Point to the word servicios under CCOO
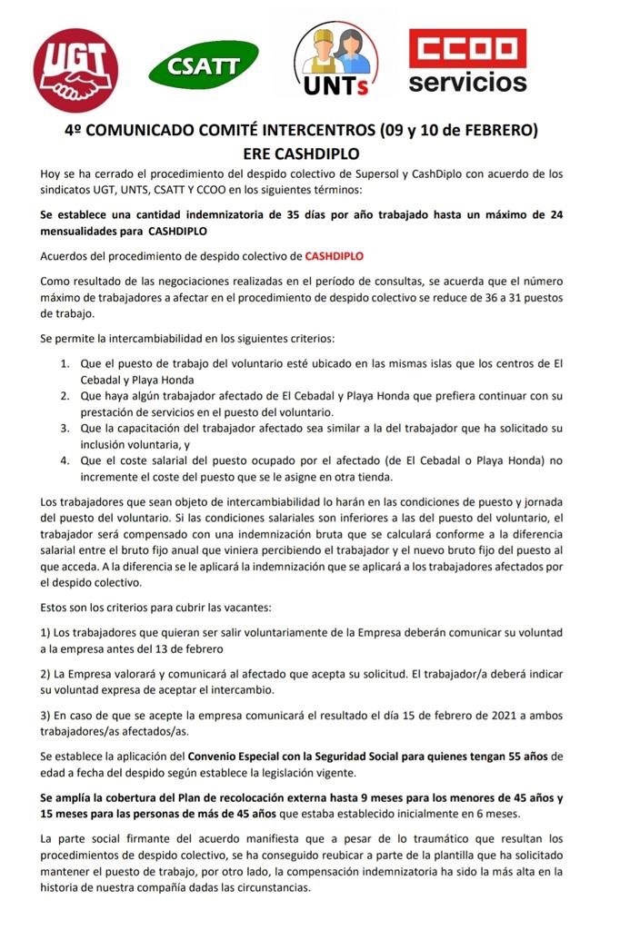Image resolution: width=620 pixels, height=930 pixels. click(x=467, y=84)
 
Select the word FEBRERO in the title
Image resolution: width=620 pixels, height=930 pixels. click(x=500, y=130)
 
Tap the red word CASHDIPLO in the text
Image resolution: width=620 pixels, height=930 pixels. click(x=335, y=257)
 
